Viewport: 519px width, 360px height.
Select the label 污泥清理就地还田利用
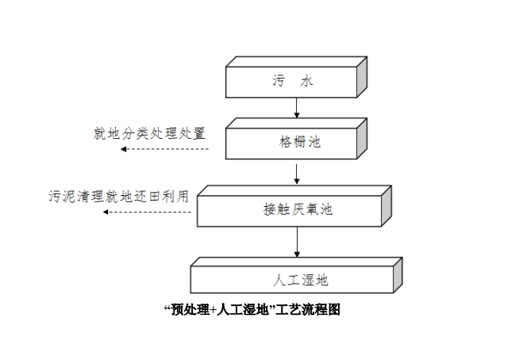[119, 196]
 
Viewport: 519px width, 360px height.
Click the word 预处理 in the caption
[189, 309]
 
